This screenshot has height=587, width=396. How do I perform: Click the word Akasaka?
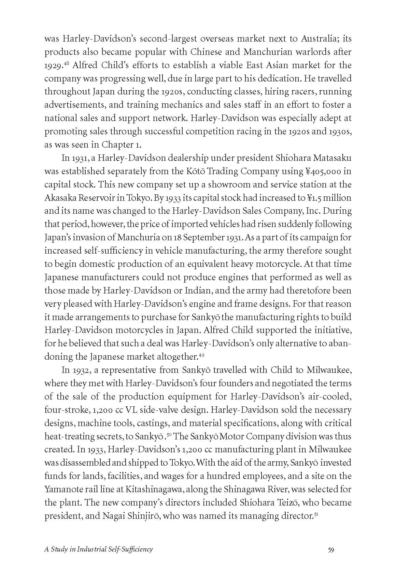pos(59,198)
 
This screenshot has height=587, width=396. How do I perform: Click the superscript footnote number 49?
pos(201,355)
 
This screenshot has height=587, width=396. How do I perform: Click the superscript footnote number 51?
pos(316,514)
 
